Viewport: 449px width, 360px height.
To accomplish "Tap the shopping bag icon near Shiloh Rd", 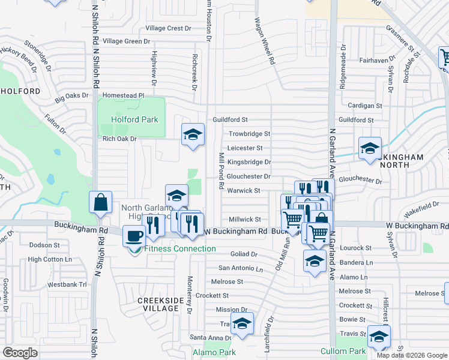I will (x=101, y=203).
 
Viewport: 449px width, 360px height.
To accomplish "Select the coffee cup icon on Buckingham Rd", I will (x=133, y=236).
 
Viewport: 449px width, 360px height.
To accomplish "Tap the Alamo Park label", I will (x=214, y=353).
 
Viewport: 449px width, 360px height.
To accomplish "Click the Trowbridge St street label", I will (x=249, y=134).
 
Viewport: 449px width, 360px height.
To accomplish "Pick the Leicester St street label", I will (x=245, y=148).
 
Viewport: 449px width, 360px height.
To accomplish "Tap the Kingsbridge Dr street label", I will (x=249, y=162).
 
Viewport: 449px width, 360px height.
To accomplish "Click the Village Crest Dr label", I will (x=168, y=28).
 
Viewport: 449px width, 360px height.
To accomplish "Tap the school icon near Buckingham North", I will (x=370, y=148).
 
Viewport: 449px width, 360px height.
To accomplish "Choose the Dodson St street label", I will (x=44, y=245).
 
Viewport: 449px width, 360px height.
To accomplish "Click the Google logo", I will (x=20, y=353).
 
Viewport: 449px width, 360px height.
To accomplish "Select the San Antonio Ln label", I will (x=240, y=268).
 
